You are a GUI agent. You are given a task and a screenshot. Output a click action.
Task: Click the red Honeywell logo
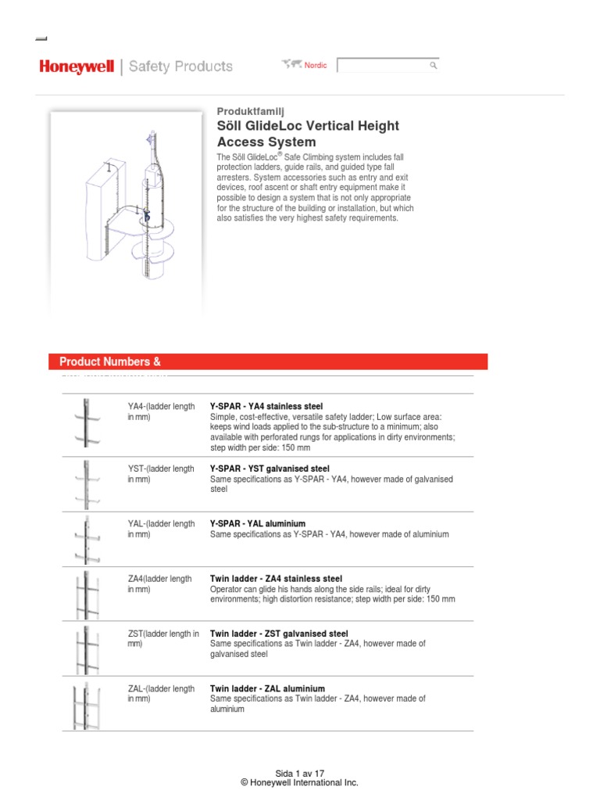[77, 67]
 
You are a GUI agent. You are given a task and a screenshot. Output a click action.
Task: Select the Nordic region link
[315, 66]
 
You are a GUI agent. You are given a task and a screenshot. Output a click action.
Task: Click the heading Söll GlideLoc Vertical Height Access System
[307, 134]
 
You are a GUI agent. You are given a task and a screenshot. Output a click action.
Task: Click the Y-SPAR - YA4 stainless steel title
[266, 408]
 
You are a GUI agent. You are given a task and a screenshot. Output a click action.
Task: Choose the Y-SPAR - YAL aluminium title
[257, 523]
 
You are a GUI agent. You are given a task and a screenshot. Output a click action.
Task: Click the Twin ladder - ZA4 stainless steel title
[276, 579]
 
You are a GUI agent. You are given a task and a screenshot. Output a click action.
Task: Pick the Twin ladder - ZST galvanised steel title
[279, 634]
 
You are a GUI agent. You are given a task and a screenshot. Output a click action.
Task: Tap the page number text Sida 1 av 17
[300, 773]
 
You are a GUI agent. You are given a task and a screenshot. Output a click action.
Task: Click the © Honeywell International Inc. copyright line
[300, 783]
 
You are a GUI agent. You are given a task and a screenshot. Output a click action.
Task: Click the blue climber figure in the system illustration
[145, 212]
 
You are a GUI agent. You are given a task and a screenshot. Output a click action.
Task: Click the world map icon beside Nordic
[294, 65]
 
